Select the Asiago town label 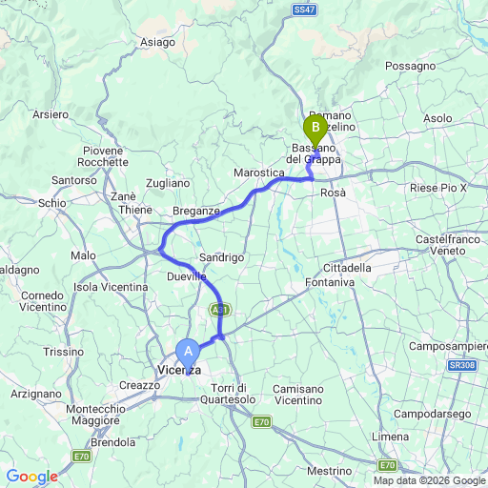(x=157, y=42)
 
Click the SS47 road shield (x=304, y=9)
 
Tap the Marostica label (x=259, y=173)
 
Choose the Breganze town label (x=196, y=210)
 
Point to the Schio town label (x=50, y=203)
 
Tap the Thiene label (x=134, y=210)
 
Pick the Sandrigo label (x=223, y=257)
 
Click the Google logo (x=31, y=477)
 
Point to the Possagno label (x=411, y=67)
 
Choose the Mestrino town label (x=330, y=471)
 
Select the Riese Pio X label (x=437, y=189)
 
